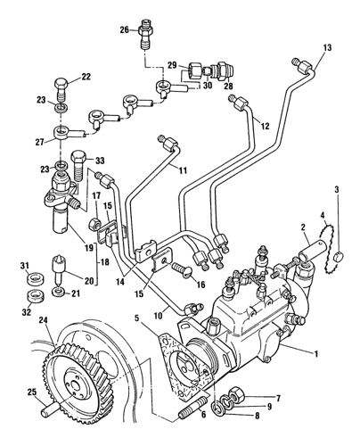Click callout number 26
pos(125,29)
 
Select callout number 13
pos(327,47)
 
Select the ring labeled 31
pos(34,278)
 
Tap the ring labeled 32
pos(35,295)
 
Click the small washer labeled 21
pos(58,292)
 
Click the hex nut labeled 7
pos(237,394)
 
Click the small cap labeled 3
pos(338,256)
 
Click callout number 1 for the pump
pos(316,353)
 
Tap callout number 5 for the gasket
pos(136,318)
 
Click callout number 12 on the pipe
pos(265,126)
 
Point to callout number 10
pos(158,315)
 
